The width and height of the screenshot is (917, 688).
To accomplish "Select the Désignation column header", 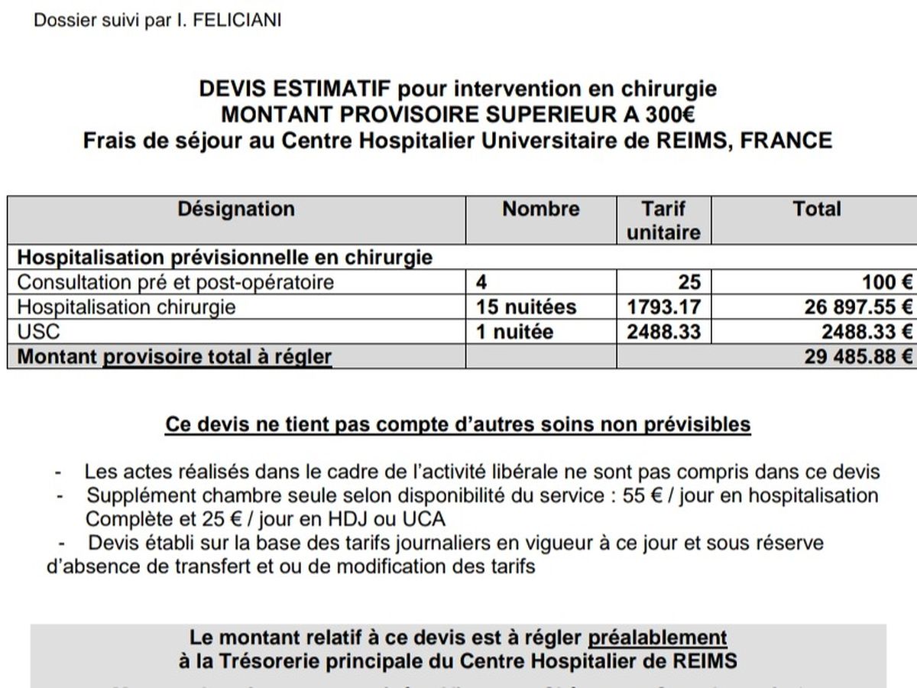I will tap(236, 209).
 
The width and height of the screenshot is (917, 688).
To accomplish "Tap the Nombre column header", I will tap(541, 209).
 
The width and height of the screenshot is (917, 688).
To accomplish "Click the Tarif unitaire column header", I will tap(663, 220).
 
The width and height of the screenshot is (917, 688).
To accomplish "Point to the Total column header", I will tap(816, 209).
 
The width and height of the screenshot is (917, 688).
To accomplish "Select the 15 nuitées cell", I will tap(526, 307).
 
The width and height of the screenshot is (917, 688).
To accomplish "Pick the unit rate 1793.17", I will tap(663, 307).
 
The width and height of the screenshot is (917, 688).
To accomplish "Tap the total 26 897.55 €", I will tap(847, 307).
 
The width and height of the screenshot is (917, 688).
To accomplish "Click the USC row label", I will tap(38, 333).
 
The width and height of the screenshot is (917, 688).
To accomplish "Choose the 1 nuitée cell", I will tap(514, 333).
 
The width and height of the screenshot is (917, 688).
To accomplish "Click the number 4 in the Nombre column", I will tap(481, 282).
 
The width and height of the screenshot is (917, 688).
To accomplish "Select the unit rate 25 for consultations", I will tap(689, 282).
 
